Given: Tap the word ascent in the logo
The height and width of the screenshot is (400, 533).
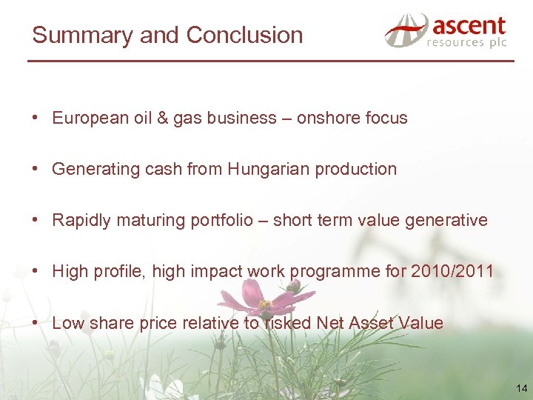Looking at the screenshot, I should [x=469, y=27].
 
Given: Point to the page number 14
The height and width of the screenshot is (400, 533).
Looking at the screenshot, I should [x=522, y=388].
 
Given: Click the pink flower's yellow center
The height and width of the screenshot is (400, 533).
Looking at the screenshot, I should [x=265, y=304].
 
